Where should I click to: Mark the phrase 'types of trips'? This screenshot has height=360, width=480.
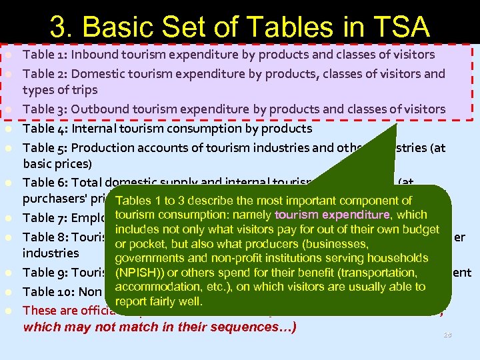tap(60, 90)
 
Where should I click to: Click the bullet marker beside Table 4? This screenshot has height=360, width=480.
tap(9, 128)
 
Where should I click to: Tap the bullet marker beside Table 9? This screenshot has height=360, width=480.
tap(9, 272)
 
